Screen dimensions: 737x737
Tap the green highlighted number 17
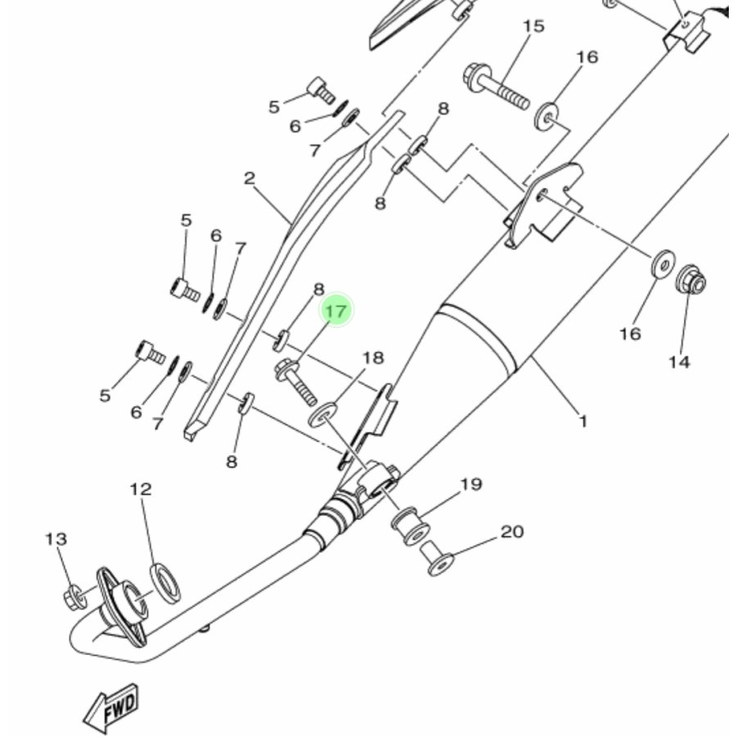coord(337,311)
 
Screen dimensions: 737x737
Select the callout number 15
coord(532,26)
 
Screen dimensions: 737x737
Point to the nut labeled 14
coord(692,281)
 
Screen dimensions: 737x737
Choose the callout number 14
coord(679,361)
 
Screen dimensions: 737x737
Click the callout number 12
coord(141,489)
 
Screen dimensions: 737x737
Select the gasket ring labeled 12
coord(166,582)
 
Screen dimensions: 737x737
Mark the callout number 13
coord(56,539)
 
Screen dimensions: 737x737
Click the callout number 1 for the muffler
coord(583,422)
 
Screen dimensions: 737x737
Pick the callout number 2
coord(249,178)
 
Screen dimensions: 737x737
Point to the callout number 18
coord(373,358)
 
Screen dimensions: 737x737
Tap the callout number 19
coord(471,484)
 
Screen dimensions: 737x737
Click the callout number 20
coord(512,531)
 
